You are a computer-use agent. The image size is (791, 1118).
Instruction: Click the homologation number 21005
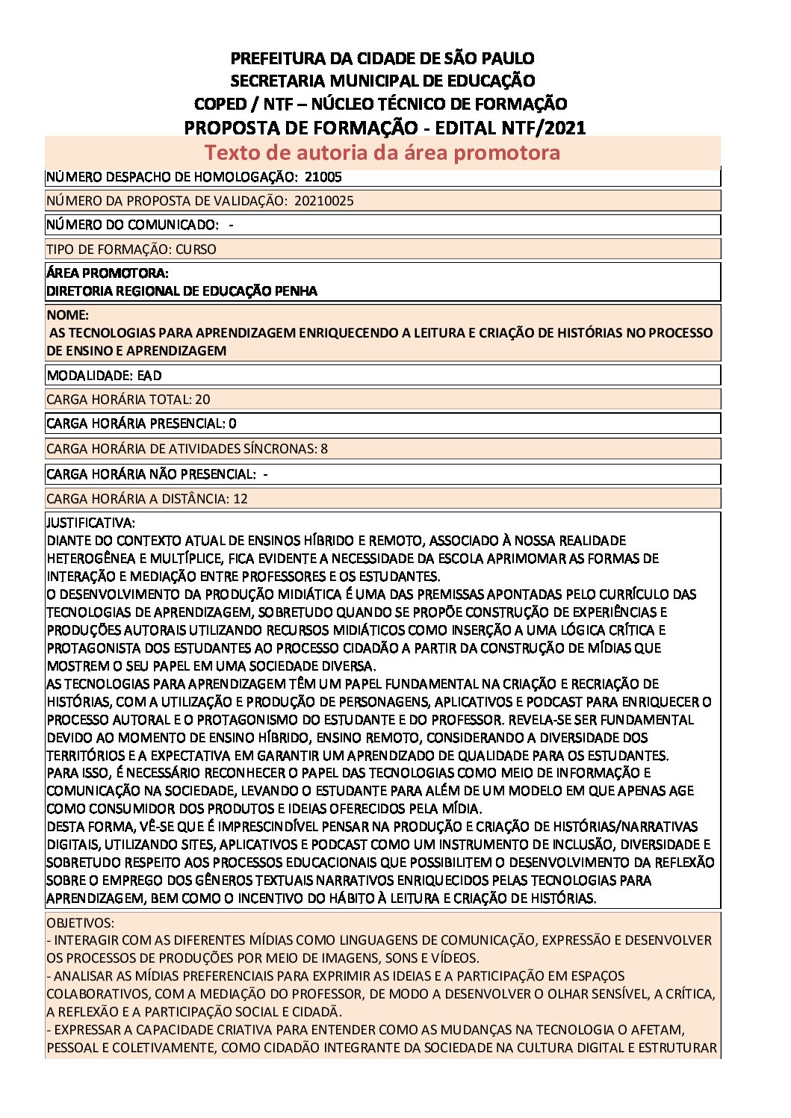[323, 177]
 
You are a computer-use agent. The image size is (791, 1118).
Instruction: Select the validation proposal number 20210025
[324, 201]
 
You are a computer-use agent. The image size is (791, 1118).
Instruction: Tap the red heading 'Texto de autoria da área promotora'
[382, 152]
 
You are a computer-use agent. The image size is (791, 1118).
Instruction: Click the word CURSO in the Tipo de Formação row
[196, 249]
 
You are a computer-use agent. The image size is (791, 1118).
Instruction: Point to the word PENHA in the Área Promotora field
[297, 291]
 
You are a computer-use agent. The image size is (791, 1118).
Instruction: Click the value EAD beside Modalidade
[149, 376]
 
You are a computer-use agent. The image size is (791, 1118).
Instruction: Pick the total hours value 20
[202, 400]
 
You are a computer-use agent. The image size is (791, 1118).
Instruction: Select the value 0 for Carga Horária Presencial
[232, 423]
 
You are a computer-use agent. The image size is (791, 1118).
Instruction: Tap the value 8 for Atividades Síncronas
[324, 449]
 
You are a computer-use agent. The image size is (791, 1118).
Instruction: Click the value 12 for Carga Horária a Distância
[240, 499]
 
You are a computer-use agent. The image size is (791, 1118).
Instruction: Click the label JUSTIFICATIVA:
[90, 523]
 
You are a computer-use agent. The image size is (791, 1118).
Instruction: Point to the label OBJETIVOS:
[81, 923]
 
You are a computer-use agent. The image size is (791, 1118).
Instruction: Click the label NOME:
[67, 315]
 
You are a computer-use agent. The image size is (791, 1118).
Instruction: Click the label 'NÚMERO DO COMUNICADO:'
[132, 225]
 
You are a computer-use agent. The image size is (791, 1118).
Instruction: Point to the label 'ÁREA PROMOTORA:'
[108, 273]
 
